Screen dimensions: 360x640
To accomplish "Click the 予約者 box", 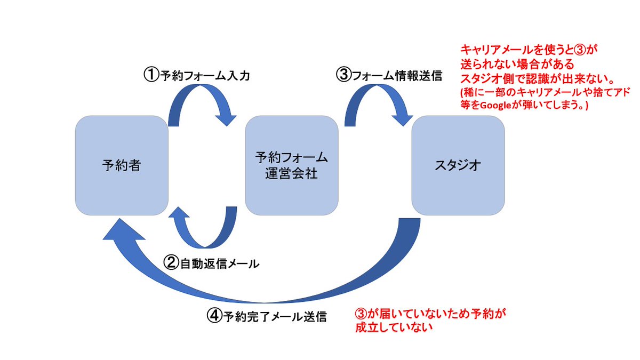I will [122, 165].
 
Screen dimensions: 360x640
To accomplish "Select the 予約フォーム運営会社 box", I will [291, 165].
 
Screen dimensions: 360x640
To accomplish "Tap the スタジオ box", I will [458, 165].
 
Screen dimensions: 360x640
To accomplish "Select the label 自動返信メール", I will [219, 263].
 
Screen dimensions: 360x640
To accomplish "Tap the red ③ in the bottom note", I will [361, 314].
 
